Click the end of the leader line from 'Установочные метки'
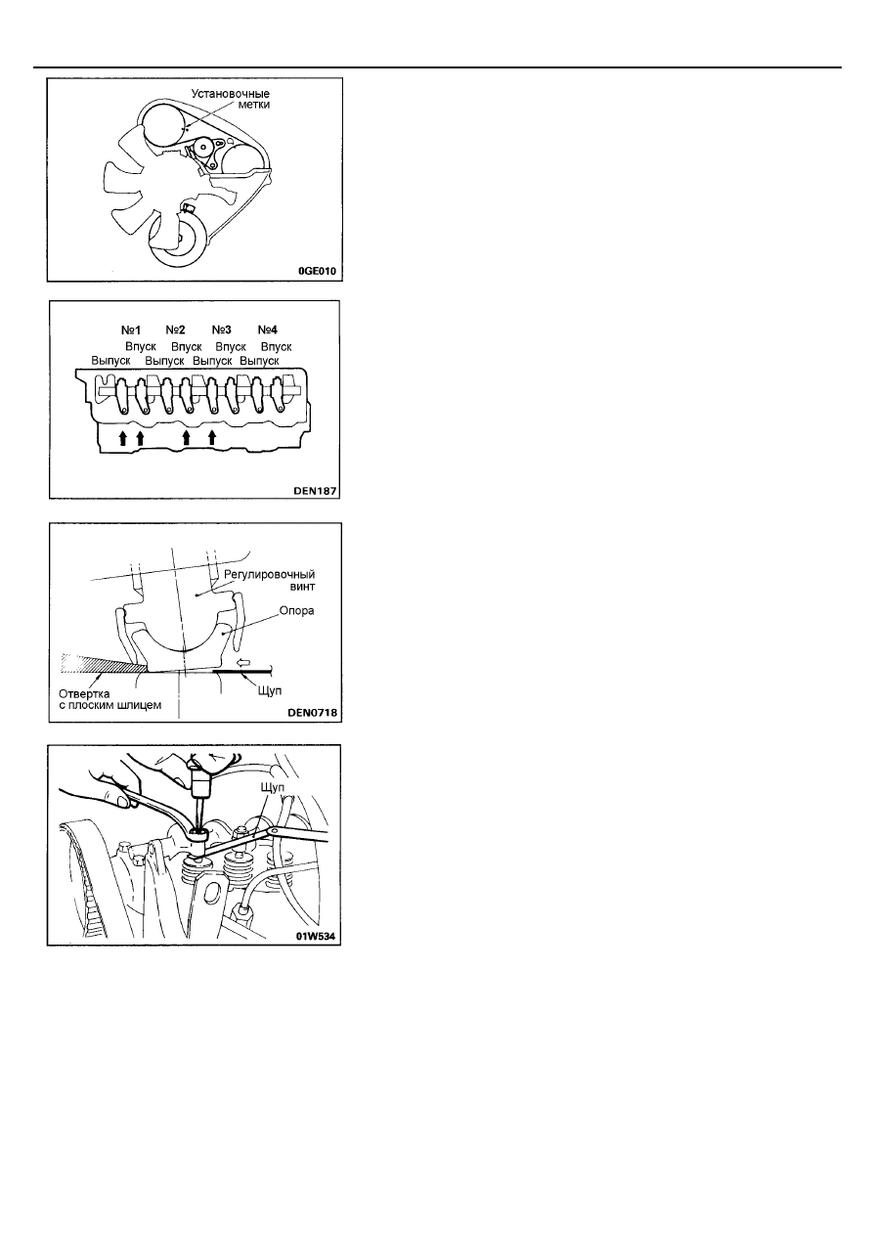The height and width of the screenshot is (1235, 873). click(187, 128)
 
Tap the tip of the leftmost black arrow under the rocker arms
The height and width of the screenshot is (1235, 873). click(123, 431)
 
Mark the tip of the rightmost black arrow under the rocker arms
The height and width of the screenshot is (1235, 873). click(212, 431)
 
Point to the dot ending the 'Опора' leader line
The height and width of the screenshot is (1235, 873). click(223, 634)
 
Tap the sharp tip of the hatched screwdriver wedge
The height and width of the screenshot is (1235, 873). click(147, 668)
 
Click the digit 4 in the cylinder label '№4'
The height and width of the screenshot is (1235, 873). click(274, 330)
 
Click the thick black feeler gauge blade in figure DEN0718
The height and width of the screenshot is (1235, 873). click(241, 672)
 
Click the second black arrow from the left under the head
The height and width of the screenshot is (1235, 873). click(140, 438)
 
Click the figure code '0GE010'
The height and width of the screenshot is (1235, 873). click(317, 271)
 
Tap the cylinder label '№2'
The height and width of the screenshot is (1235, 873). click(175, 330)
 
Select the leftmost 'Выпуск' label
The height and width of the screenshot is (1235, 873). click(110, 361)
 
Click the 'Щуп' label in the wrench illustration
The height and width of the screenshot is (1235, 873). click(272, 787)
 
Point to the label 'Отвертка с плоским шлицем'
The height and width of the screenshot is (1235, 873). click(110, 699)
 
